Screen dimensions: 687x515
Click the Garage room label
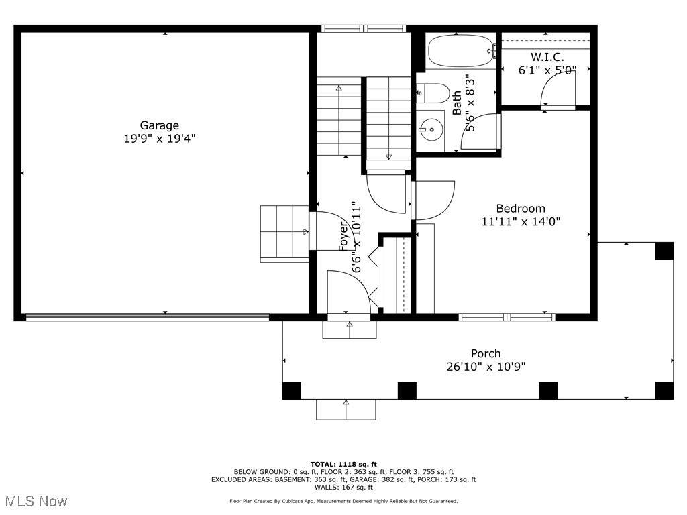[x=159, y=125]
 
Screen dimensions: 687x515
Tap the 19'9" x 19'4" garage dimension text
[x=160, y=139]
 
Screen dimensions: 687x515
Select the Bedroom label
[x=521, y=209]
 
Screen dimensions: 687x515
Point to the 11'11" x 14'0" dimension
[x=521, y=221]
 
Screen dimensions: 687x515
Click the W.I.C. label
[x=547, y=57]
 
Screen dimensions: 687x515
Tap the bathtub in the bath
[x=462, y=51]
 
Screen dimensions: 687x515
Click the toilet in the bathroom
[x=433, y=93]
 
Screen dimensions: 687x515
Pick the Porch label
[x=486, y=353]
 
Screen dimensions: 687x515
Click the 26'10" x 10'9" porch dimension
[x=486, y=367]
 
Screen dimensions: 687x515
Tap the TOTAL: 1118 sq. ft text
[x=343, y=464]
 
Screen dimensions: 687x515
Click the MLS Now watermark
[x=36, y=500]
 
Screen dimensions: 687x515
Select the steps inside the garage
[x=284, y=234]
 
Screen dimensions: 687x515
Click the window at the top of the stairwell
[x=364, y=29]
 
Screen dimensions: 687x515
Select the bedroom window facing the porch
[x=507, y=317]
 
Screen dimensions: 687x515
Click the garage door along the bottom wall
[x=147, y=317]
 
